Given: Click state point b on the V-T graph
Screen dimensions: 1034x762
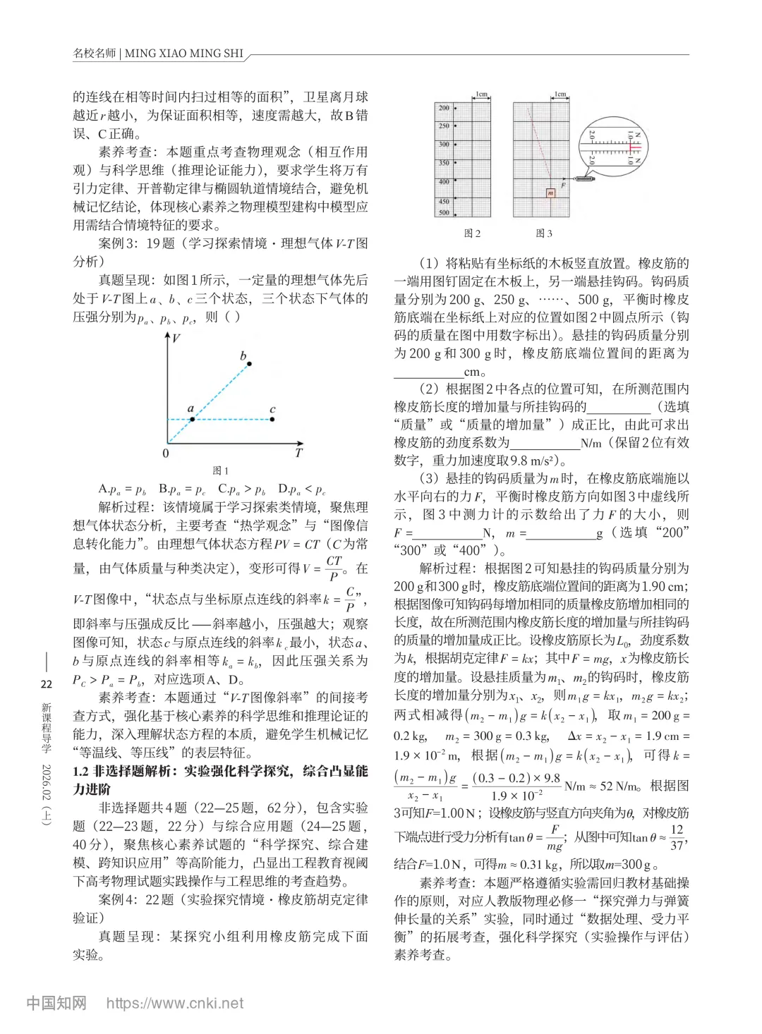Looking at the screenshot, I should pyautogui.click(x=249, y=364).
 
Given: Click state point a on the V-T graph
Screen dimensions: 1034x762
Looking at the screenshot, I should pyautogui.click(x=192, y=419).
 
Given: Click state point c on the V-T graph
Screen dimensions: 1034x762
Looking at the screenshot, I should pyautogui.click(x=272, y=419).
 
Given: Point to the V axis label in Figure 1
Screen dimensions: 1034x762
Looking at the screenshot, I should pyautogui.click(x=175, y=339).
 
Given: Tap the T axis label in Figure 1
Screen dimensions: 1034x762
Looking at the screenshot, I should pyautogui.click(x=298, y=454).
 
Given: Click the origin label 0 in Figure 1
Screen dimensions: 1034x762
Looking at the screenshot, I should pyautogui.click(x=166, y=454).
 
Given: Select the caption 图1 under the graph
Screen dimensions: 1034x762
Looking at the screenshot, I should pyautogui.click(x=221, y=470).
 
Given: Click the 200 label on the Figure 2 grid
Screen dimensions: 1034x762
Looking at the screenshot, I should pyautogui.click(x=443, y=108).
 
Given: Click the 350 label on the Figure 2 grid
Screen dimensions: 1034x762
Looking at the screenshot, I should pyautogui.click(x=443, y=163).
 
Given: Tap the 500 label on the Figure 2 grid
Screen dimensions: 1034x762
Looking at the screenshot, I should pyautogui.click(x=443, y=212).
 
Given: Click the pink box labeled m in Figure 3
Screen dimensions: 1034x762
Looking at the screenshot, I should pyautogui.click(x=550, y=193).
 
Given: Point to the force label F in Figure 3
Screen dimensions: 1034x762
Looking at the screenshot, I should pyautogui.click(x=562, y=185).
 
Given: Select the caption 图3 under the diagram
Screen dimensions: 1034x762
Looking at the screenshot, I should pyautogui.click(x=544, y=233).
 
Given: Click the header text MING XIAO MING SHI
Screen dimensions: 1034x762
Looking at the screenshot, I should pyautogui.click(x=183, y=54).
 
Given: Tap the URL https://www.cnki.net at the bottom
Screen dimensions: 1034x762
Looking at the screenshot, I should pyautogui.click(x=175, y=1003).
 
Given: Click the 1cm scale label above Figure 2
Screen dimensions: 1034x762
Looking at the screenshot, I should pyautogui.click(x=481, y=94).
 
